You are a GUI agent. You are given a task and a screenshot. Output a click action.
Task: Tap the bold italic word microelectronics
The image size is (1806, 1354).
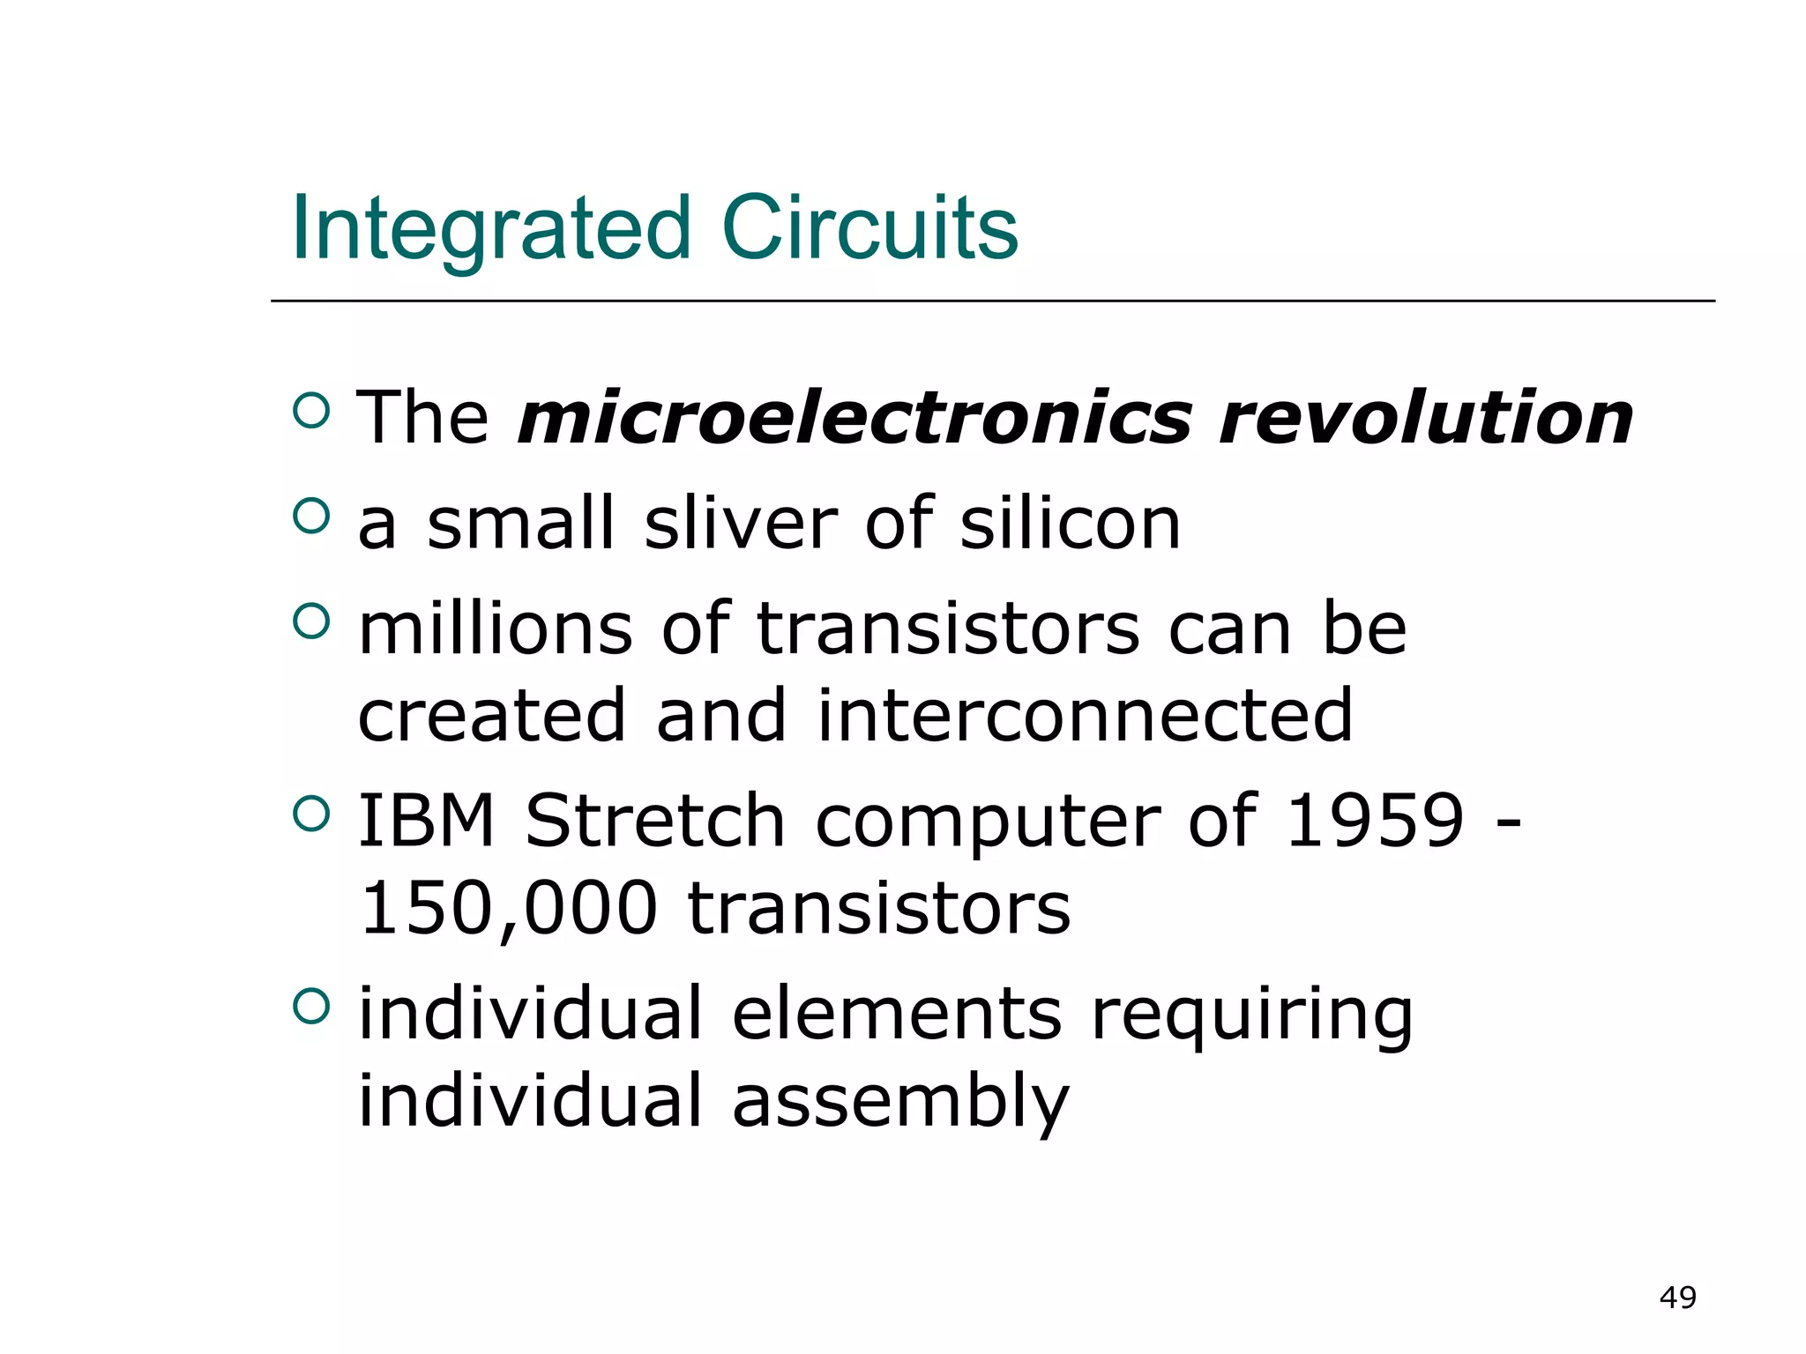[x=854, y=418]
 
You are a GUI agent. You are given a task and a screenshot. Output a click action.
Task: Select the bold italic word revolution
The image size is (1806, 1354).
[x=1425, y=418]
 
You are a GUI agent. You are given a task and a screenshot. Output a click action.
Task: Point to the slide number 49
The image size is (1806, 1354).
[x=1677, y=1298]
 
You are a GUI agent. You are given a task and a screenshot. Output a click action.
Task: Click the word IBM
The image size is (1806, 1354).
[x=426, y=821]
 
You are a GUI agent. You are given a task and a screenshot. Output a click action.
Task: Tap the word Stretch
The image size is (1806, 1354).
[x=654, y=821]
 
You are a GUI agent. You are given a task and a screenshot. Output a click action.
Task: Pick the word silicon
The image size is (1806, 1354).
[x=1070, y=524]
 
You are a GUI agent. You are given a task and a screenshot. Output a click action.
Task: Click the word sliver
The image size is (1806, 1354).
[x=741, y=524]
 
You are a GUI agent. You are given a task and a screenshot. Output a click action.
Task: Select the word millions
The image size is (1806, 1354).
[x=495, y=629]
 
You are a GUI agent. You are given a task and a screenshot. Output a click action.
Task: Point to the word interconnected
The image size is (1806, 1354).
[x=1084, y=716]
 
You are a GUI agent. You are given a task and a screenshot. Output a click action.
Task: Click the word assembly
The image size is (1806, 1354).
[x=899, y=1102]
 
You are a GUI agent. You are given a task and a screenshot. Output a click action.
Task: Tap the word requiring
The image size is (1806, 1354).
[x=1251, y=1015]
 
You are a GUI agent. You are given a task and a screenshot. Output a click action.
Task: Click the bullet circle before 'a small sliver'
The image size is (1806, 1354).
[x=310, y=515]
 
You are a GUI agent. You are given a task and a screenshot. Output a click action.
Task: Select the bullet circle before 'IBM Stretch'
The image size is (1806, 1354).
[x=310, y=813]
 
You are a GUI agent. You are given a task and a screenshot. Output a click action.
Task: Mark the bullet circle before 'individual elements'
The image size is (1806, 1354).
[x=310, y=1006]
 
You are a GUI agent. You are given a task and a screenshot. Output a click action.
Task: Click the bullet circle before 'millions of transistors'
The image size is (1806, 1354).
[x=310, y=621]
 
